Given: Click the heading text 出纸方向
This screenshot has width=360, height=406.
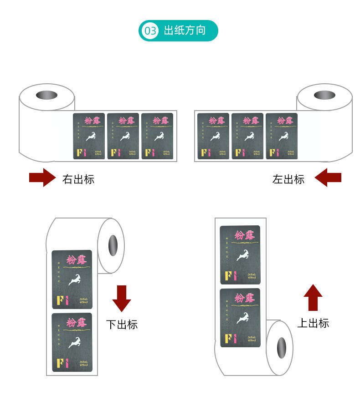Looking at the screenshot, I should (185, 31).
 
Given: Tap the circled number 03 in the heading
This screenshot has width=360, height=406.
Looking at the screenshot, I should (150, 31).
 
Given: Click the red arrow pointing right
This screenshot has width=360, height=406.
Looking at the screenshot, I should (42, 178).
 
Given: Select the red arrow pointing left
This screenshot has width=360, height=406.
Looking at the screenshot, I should (328, 178).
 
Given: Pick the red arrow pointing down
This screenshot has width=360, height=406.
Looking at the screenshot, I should (121, 299).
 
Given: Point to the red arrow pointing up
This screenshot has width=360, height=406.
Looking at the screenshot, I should (313, 297).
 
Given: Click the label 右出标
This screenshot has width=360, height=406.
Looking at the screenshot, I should (78, 179).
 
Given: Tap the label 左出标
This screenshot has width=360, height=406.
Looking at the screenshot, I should (288, 179).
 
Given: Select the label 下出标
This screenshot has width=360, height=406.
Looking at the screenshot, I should (122, 325).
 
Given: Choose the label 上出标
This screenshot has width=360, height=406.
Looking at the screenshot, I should (313, 323).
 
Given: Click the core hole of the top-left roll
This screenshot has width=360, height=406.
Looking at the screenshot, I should (46, 96).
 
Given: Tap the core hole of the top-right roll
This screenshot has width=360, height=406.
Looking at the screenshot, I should (324, 96).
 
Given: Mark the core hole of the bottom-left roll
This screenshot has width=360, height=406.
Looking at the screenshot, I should (112, 246).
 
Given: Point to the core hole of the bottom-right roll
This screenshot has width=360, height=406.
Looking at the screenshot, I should (281, 348).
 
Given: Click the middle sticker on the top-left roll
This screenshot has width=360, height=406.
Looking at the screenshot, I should (123, 136).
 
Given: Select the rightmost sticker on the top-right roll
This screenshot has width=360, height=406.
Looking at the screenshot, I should (281, 136).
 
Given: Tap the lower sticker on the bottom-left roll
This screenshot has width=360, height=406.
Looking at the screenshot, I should (72, 342).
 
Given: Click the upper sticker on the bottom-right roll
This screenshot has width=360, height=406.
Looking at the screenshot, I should (240, 255).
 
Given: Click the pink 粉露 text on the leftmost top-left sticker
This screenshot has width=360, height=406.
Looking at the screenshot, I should (89, 121).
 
